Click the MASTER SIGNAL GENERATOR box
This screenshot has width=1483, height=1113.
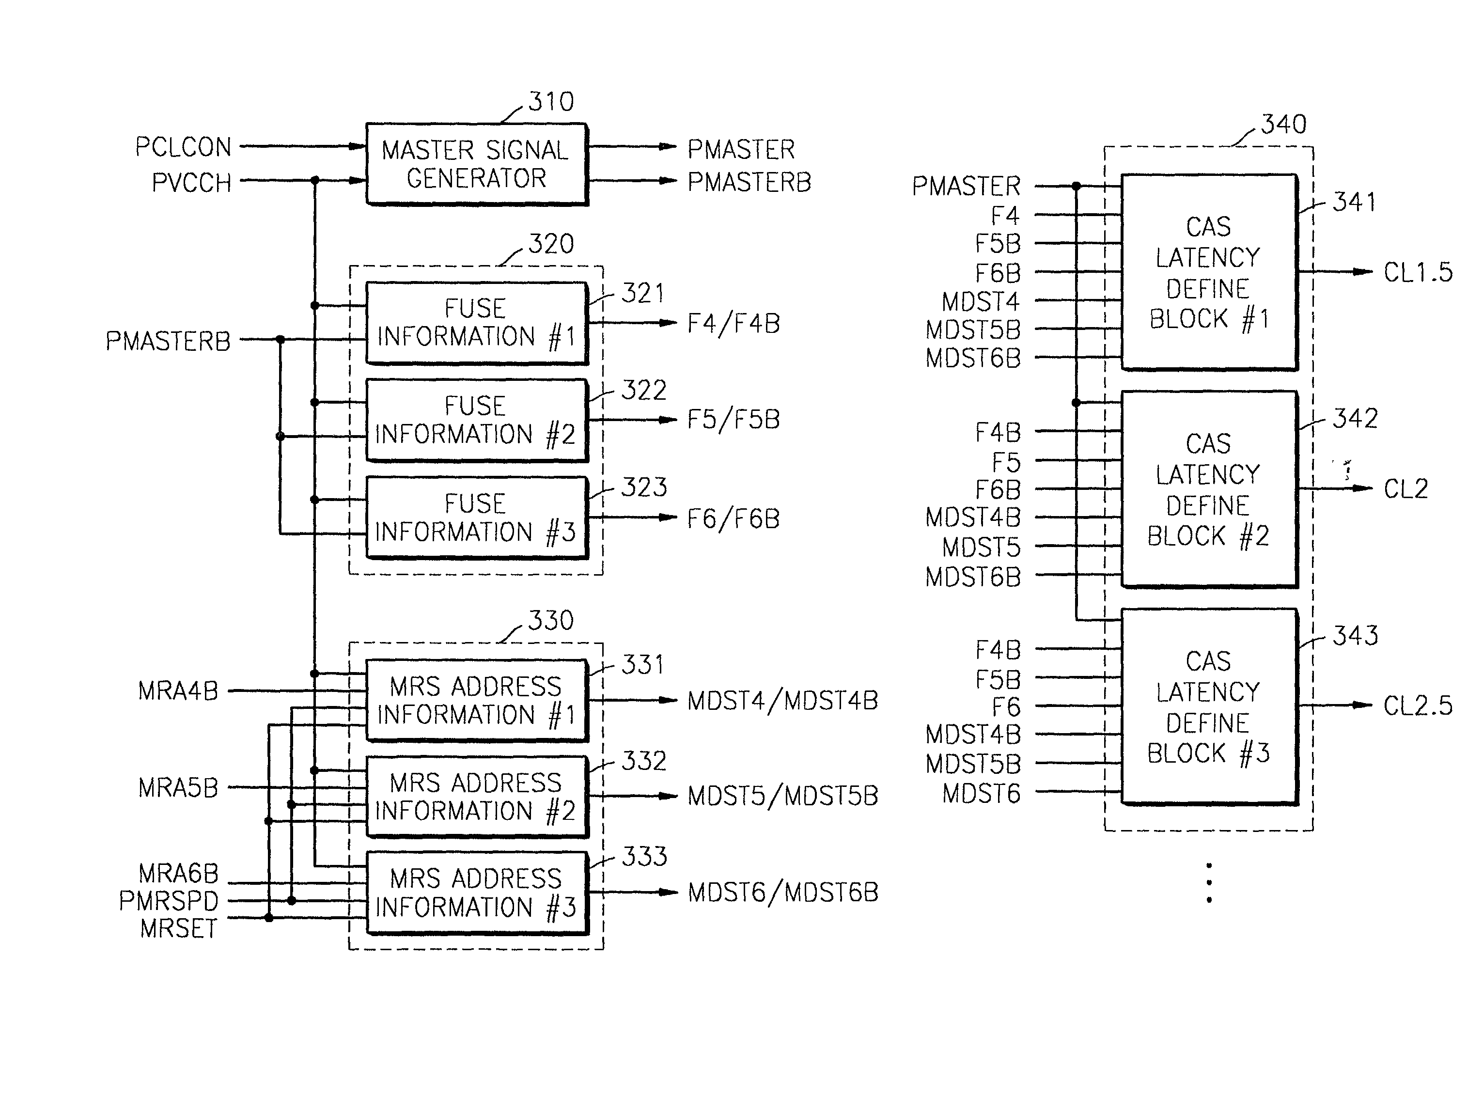(x=476, y=164)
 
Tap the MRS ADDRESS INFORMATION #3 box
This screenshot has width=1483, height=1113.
(x=476, y=893)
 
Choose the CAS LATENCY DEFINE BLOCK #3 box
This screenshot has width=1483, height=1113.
(x=1209, y=706)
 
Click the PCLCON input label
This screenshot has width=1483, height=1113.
(x=183, y=147)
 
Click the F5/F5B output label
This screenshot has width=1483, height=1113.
(x=734, y=420)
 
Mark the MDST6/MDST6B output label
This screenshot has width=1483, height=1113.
(x=783, y=893)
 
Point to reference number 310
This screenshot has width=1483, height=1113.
(x=551, y=102)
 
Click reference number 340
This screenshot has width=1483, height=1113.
(x=1284, y=124)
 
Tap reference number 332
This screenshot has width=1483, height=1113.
(x=643, y=761)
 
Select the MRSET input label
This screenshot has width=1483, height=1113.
(x=179, y=928)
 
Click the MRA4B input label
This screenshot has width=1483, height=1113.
(x=178, y=690)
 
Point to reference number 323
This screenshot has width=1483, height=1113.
(x=643, y=487)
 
